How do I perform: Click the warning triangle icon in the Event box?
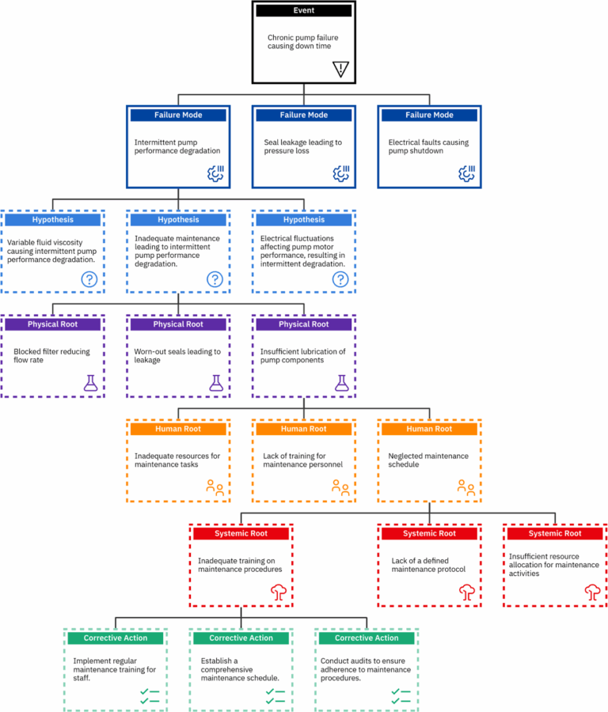coord(341,69)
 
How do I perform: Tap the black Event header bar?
coord(303,11)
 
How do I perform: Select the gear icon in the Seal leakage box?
coord(341,173)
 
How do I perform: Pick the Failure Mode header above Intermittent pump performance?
coord(177,116)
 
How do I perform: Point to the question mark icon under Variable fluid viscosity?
coord(89,278)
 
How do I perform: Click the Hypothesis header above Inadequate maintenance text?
coord(177,220)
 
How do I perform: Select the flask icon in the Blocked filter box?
coord(90,383)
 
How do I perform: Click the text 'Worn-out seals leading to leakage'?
coord(177,355)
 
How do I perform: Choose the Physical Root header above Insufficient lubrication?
coord(303,324)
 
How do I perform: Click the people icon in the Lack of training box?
coord(341,487)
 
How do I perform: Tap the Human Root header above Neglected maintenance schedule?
coord(429,429)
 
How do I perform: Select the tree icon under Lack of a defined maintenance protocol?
coord(466,592)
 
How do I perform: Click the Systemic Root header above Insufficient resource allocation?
coord(555,533)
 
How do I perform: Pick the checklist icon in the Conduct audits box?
coord(401,696)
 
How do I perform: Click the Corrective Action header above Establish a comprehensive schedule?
coord(240,638)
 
